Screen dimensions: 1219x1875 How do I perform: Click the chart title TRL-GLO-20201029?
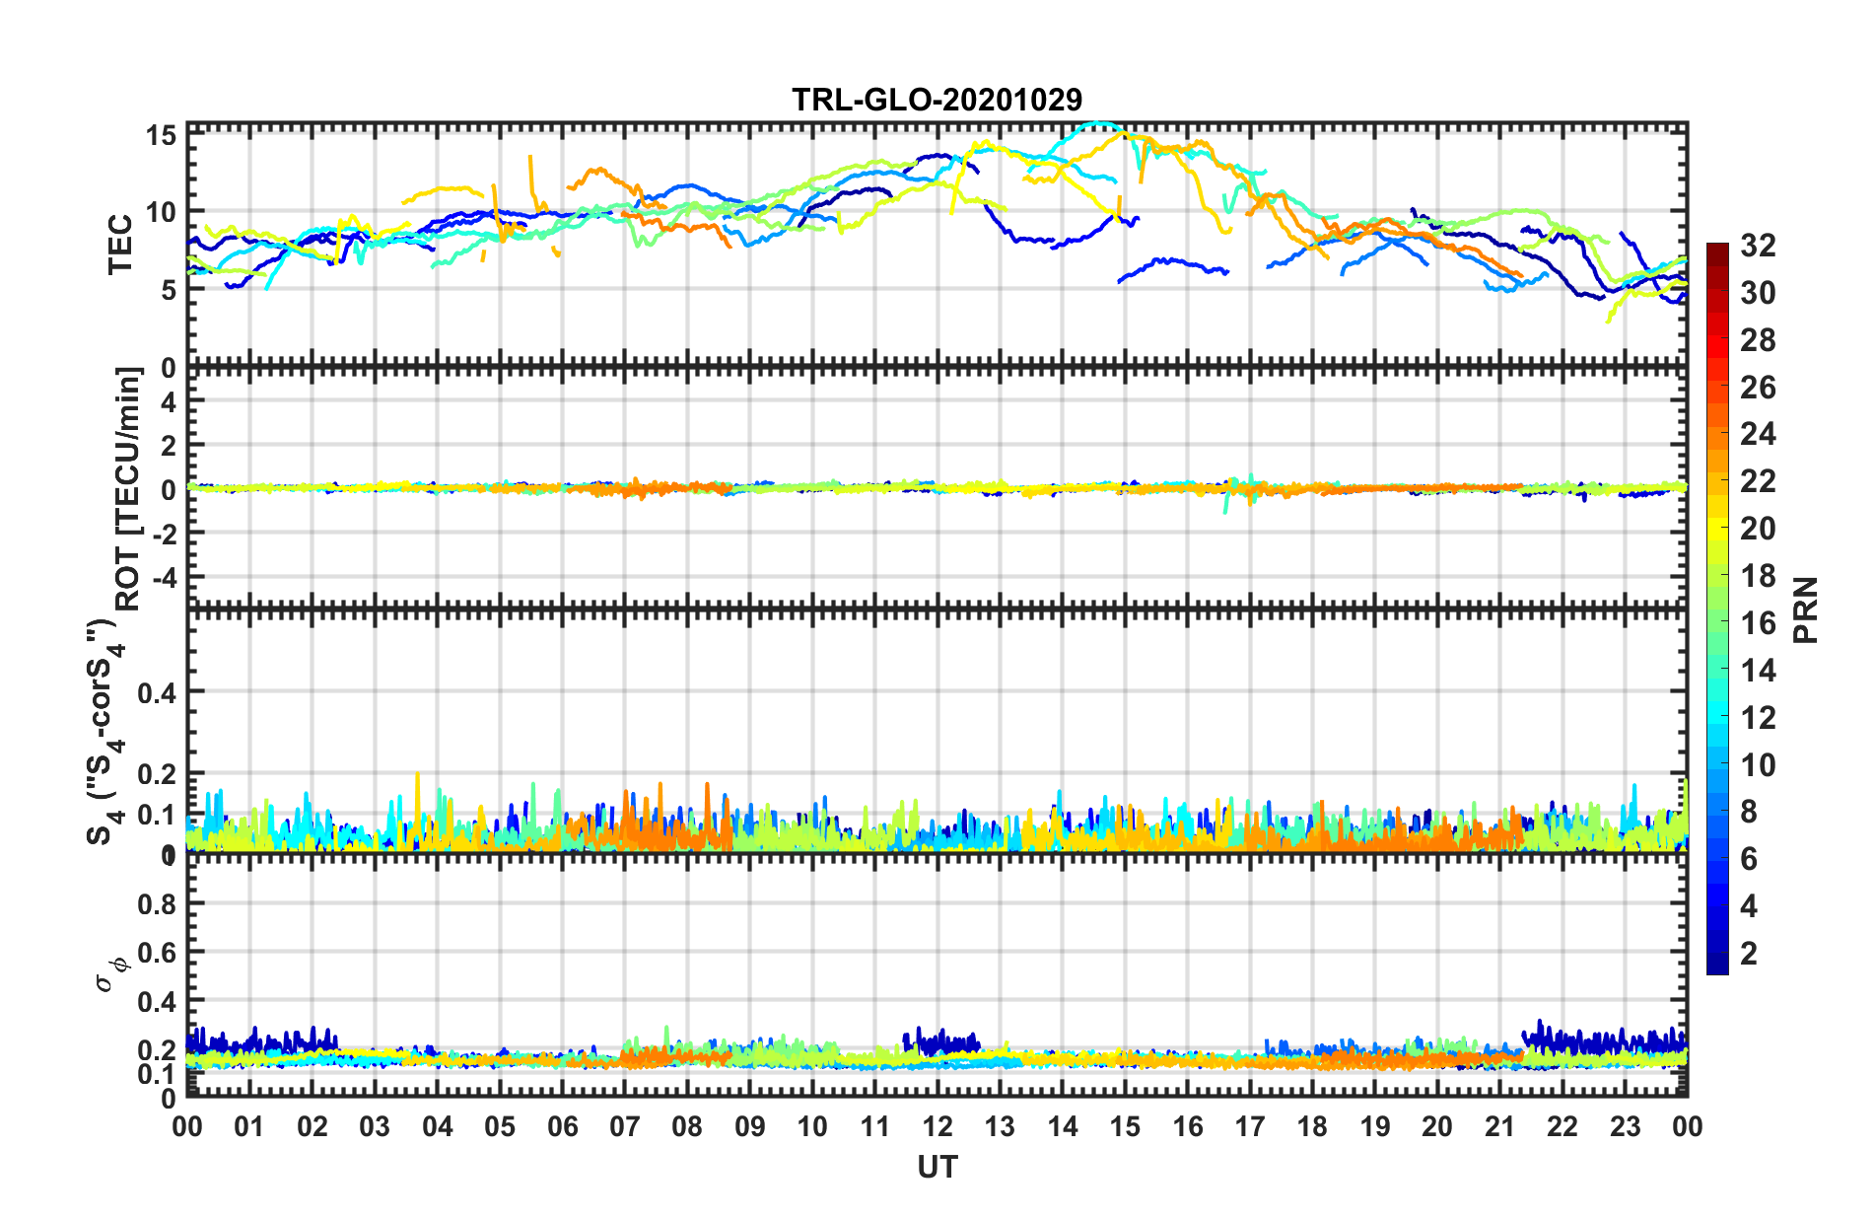coord(937,100)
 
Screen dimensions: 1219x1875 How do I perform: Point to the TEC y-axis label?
coord(120,245)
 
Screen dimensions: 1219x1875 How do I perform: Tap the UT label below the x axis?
coord(937,1168)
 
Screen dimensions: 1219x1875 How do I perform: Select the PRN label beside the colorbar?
coord(1806,609)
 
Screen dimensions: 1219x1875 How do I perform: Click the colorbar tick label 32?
coord(1758,246)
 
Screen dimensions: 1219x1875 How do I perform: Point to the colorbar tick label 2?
coord(1749,954)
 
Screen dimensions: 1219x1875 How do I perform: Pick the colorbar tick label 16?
coord(1758,623)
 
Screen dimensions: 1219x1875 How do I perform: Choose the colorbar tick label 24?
coord(1758,434)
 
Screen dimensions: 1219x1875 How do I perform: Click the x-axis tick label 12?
coord(937,1126)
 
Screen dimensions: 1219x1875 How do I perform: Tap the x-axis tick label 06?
coord(562,1126)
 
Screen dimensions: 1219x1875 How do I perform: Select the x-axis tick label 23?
coord(1625,1126)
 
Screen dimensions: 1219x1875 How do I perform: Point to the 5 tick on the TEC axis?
coord(169,290)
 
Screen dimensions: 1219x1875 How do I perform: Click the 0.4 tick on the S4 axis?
coord(157,692)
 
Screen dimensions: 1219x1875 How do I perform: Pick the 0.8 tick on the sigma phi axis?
coord(157,904)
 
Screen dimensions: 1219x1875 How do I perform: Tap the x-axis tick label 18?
coord(1312,1126)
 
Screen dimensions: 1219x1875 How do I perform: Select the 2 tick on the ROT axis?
coord(169,446)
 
